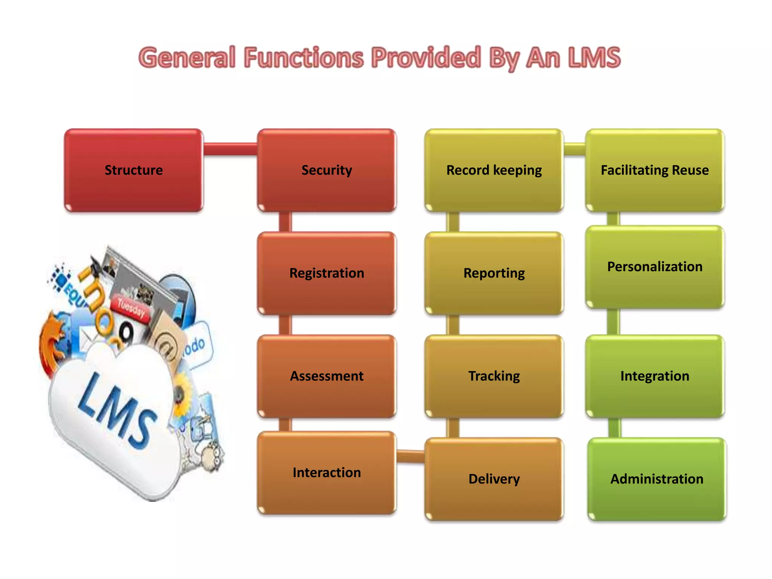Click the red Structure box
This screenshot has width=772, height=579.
[133, 170]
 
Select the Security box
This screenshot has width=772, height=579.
[326, 170]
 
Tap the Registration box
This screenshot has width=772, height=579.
[326, 273]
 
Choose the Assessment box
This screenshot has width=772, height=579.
[326, 376]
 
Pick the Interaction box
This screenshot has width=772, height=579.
[326, 473]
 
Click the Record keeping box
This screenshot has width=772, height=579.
[494, 170]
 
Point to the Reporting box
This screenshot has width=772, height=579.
[494, 273]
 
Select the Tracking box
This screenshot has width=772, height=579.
[494, 376]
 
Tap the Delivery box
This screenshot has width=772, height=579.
[494, 479]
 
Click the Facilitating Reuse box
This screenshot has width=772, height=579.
[655, 170]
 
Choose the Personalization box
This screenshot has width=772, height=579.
[655, 267]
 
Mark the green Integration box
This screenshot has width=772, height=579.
[655, 376]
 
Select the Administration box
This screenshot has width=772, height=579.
[657, 479]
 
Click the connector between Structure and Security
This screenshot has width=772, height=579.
[230, 149]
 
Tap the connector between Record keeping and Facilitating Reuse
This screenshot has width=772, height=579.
[574, 149]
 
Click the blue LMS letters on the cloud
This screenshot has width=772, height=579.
[117, 409]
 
